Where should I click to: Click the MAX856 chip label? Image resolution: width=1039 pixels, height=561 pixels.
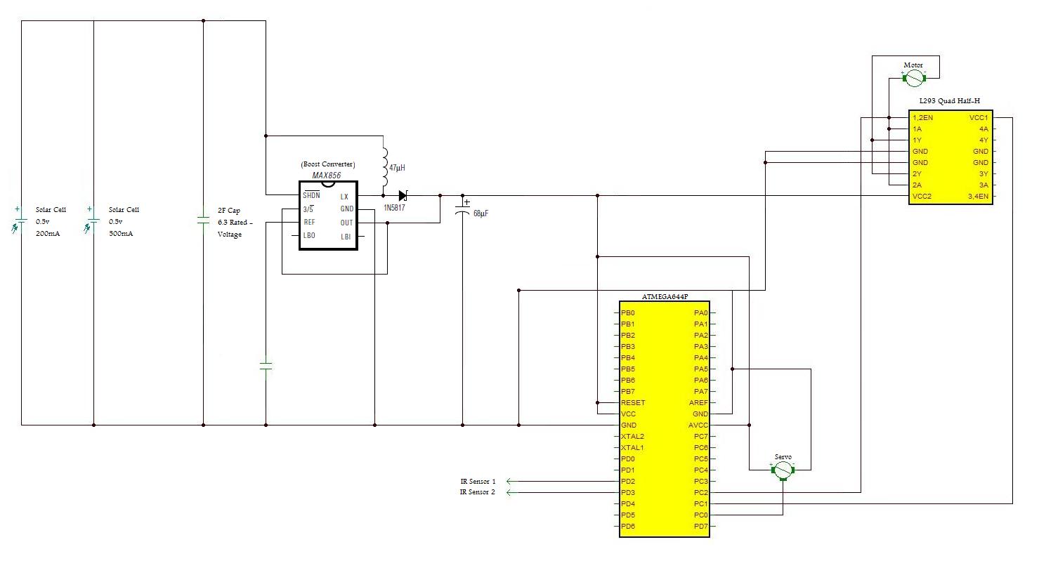click(x=327, y=176)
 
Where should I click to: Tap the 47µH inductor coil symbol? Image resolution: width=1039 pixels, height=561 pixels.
click(x=384, y=167)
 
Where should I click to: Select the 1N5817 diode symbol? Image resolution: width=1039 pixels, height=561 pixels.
click(x=403, y=196)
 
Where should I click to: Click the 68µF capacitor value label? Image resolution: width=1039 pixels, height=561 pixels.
click(x=481, y=213)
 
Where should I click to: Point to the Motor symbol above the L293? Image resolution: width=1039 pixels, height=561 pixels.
click(x=914, y=79)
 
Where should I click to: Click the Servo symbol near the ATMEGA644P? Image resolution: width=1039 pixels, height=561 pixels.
click(x=783, y=470)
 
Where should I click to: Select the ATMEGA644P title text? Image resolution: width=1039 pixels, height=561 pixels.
click(x=665, y=297)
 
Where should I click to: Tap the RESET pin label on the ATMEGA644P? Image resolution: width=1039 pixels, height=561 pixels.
click(x=633, y=402)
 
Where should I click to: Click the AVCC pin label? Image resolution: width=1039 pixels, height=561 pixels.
click(x=698, y=425)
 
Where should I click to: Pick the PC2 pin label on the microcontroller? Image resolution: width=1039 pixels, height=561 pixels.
click(x=701, y=492)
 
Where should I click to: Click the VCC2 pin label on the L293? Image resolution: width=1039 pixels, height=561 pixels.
click(x=922, y=196)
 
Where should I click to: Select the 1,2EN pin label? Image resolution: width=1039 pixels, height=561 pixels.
click(x=922, y=118)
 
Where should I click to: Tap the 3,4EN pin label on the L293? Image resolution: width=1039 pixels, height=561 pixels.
click(x=979, y=196)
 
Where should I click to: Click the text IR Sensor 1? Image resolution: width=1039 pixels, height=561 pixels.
click(x=478, y=481)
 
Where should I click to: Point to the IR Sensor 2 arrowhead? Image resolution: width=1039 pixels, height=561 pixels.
click(x=509, y=492)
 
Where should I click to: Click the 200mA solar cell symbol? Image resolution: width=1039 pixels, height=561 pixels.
click(x=18, y=220)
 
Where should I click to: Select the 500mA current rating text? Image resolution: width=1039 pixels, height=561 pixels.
click(x=121, y=234)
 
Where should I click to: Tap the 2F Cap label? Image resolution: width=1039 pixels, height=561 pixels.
click(x=229, y=211)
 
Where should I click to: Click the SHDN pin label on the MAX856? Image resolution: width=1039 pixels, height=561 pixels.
click(x=311, y=195)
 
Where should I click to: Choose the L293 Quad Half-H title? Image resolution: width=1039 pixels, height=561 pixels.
click(x=950, y=100)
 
